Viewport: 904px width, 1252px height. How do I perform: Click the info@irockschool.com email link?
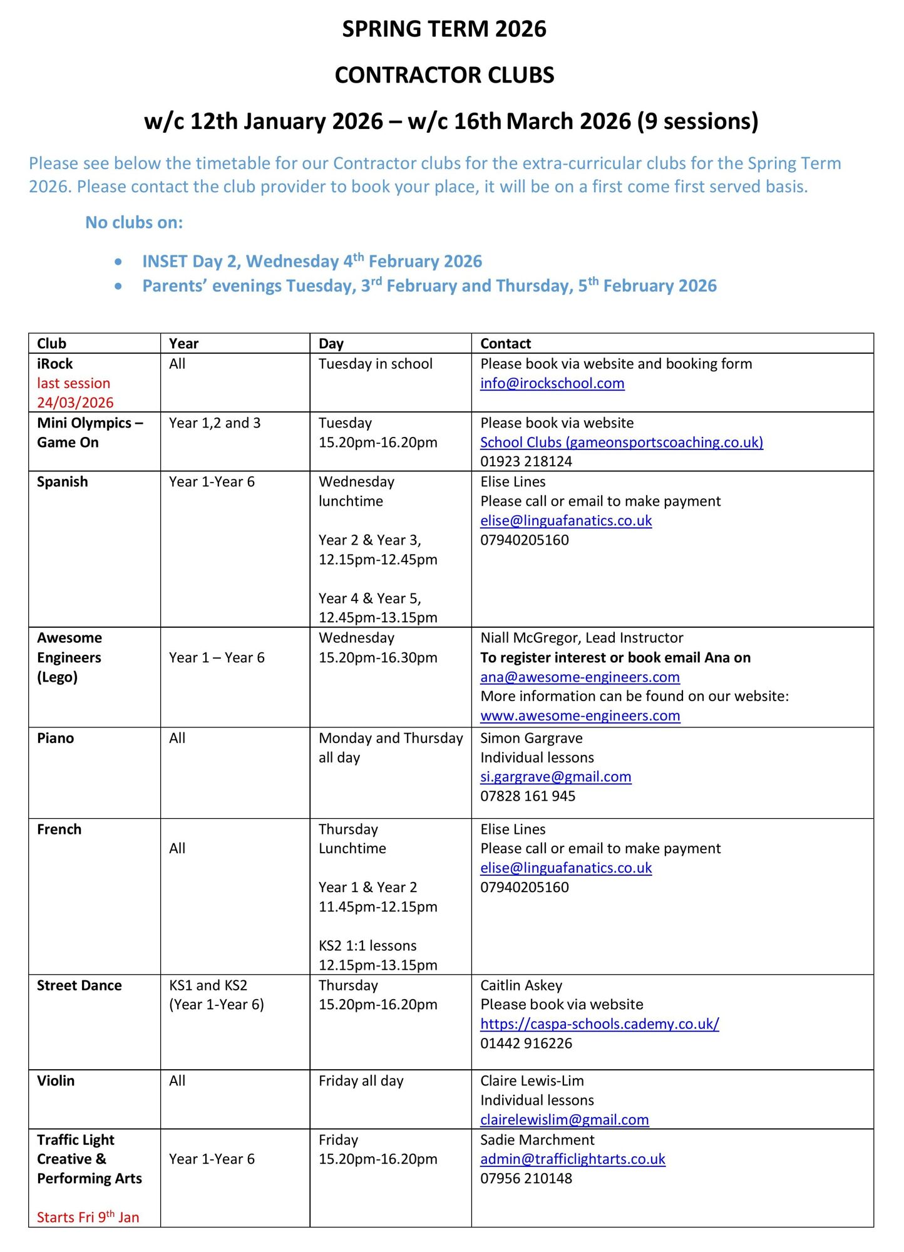coord(552,383)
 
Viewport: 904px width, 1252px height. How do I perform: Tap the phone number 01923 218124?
coord(526,461)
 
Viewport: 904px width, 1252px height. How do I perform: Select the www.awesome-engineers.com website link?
coord(580,716)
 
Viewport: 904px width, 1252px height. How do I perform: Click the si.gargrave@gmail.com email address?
coord(555,777)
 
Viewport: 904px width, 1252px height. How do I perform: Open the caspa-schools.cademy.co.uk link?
coord(599,1024)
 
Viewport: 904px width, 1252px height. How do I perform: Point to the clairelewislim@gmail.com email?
coord(564,1120)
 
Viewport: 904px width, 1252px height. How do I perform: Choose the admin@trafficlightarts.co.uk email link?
coord(572,1159)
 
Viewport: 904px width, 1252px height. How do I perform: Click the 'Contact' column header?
coord(505,344)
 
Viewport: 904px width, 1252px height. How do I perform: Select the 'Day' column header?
coord(331,344)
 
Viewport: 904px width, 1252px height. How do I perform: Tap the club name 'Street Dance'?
coord(79,985)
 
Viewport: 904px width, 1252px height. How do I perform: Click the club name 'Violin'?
coord(55,1081)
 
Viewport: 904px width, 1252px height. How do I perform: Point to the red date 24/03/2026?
coord(75,403)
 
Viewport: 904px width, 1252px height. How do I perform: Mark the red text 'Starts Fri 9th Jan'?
coord(88,1217)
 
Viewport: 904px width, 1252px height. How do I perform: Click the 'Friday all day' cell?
coord(361,1081)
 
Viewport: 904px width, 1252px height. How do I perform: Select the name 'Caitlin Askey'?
coord(521,985)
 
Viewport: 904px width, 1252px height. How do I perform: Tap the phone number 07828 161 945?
coord(527,796)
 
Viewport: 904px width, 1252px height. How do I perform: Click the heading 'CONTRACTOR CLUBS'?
coord(444,75)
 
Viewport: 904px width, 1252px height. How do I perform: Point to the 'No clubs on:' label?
coord(134,223)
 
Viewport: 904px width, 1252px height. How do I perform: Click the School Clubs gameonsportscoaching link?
coord(621,443)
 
